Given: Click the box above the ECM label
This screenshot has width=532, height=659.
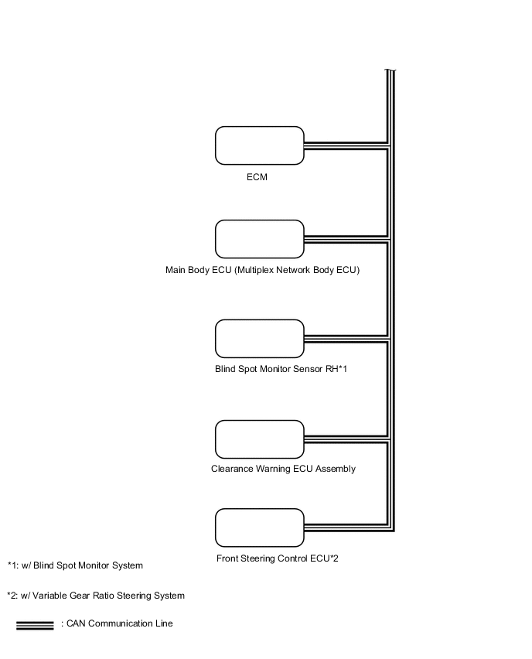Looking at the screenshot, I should (x=259, y=145).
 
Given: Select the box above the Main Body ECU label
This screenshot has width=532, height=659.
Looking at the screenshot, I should (x=259, y=239).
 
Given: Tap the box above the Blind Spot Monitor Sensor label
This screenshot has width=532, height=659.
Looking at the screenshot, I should (x=259, y=339).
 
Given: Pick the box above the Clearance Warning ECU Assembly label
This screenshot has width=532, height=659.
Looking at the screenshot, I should (x=259, y=439).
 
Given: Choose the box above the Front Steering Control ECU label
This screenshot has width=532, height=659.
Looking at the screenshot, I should (x=259, y=528).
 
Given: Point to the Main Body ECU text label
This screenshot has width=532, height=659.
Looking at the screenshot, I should (x=263, y=271).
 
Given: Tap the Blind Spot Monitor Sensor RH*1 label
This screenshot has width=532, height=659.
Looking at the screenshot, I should (x=281, y=370).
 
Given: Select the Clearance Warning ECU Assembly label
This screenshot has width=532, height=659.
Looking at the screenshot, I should (x=283, y=469).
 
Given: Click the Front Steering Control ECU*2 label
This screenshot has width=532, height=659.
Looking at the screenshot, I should (x=278, y=558).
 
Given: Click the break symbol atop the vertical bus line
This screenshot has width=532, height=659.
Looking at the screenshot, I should (x=390, y=72).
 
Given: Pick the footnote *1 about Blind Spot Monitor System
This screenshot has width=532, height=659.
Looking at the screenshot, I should (x=75, y=565).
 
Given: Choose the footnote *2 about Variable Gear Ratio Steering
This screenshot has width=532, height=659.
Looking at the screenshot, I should (x=96, y=596).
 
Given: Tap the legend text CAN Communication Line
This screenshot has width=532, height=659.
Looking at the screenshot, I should (x=117, y=623).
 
